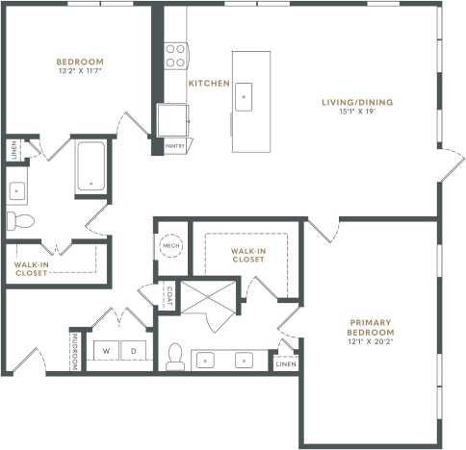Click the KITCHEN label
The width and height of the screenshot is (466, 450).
(208, 84)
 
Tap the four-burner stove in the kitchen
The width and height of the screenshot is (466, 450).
(175, 56)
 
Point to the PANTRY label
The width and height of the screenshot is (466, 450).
(174, 145)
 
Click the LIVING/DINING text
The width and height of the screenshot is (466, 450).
(356, 102)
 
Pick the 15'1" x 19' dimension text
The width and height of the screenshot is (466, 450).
(356, 112)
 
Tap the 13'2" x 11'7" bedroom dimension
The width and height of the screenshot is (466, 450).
(80, 70)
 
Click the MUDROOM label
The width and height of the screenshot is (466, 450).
(74, 351)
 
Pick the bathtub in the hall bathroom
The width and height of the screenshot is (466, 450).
(92, 165)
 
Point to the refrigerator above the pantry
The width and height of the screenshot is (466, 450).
(173, 120)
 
